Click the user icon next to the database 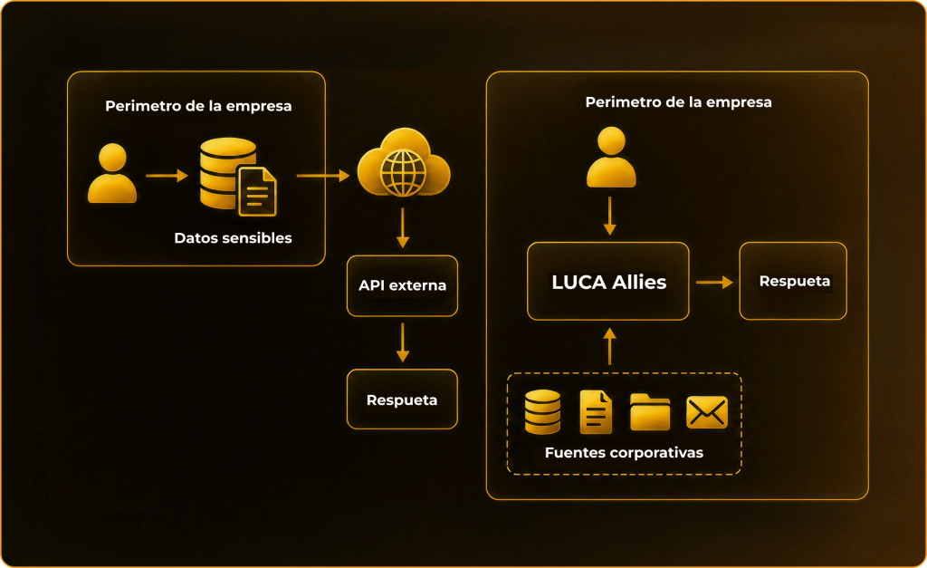(112, 173)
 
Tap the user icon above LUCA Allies (611, 157)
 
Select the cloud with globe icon (404, 163)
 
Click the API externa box (402, 285)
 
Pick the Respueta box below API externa (402, 400)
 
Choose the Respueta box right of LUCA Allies (793, 281)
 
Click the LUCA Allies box (608, 281)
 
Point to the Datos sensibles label (233, 238)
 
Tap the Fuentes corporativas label (624, 453)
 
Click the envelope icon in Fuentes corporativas (706, 412)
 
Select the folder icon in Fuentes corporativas (650, 412)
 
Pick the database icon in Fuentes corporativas (543, 412)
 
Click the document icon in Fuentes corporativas (596, 412)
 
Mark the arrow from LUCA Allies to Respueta (714, 283)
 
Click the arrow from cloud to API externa (403, 227)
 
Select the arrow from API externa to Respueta (403, 342)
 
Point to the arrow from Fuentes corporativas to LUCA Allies (610, 347)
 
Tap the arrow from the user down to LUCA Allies (610, 216)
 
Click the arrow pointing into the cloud (323, 176)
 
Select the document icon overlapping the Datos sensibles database (257, 191)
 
